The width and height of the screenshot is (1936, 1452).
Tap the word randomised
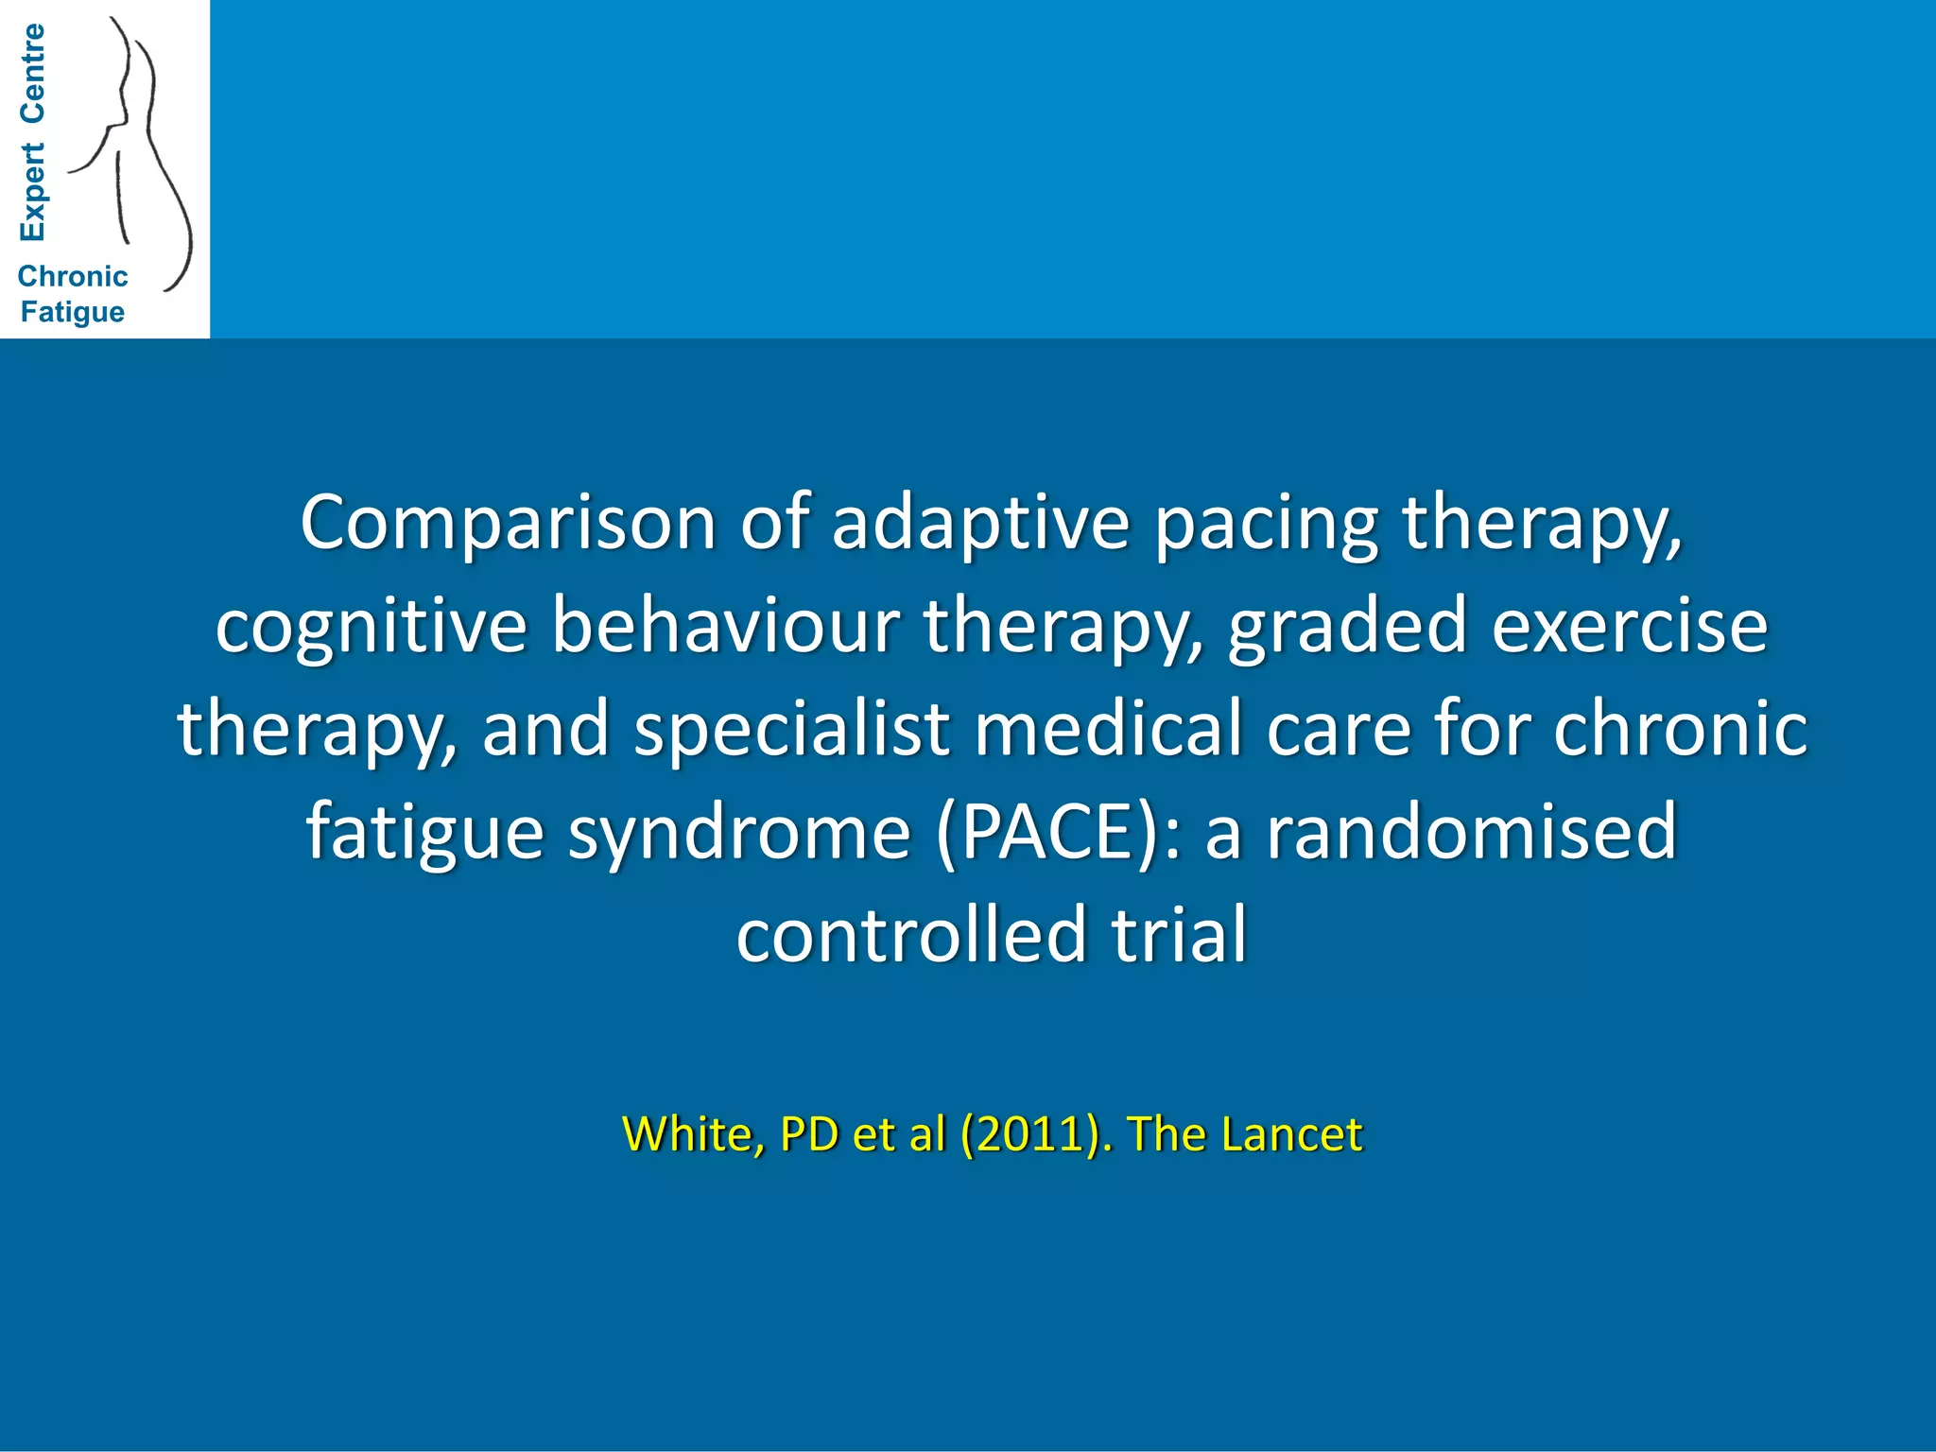coord(1471,831)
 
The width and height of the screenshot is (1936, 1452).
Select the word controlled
coord(911,934)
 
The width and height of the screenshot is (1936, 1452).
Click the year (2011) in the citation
coord(1030,1133)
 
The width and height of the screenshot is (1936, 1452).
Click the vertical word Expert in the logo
coord(32,192)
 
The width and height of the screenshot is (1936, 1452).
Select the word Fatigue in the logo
coord(73,312)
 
